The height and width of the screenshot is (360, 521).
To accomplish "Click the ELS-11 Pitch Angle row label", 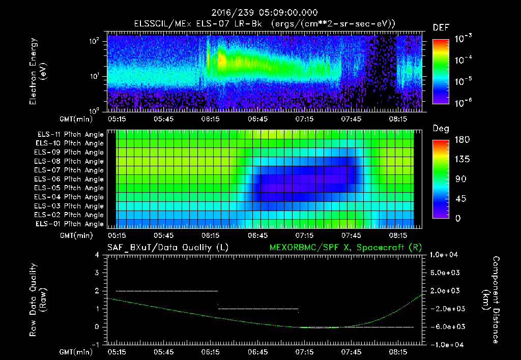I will (70, 134).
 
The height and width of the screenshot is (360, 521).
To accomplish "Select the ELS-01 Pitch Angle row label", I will (70, 224).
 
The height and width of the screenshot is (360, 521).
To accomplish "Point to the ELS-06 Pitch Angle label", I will (70, 179).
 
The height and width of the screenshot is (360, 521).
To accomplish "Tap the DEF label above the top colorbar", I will (441, 28).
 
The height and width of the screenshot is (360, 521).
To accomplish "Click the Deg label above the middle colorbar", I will (441, 129).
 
